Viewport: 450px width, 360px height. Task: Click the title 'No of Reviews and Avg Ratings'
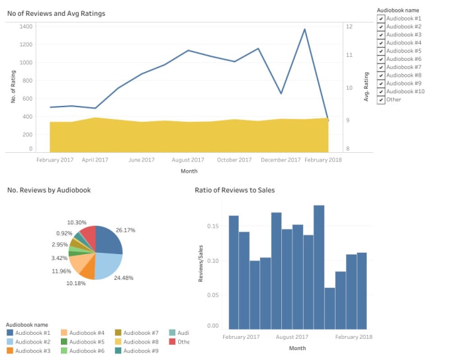click(56, 13)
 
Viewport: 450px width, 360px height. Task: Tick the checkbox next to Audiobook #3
click(381, 34)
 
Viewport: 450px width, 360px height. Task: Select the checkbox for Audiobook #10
click(381, 91)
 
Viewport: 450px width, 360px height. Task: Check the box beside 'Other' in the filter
click(381, 100)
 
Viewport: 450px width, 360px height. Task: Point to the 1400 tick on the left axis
click(26, 26)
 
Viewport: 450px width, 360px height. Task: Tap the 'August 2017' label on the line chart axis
click(188, 160)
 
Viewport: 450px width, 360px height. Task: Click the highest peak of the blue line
click(304, 30)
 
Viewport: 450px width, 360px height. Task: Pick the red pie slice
click(88, 236)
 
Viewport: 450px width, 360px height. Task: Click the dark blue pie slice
click(109, 241)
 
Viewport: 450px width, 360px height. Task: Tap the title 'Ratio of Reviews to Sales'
click(234, 191)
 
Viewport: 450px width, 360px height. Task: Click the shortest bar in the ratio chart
click(330, 308)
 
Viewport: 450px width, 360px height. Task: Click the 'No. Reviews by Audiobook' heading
click(49, 191)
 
